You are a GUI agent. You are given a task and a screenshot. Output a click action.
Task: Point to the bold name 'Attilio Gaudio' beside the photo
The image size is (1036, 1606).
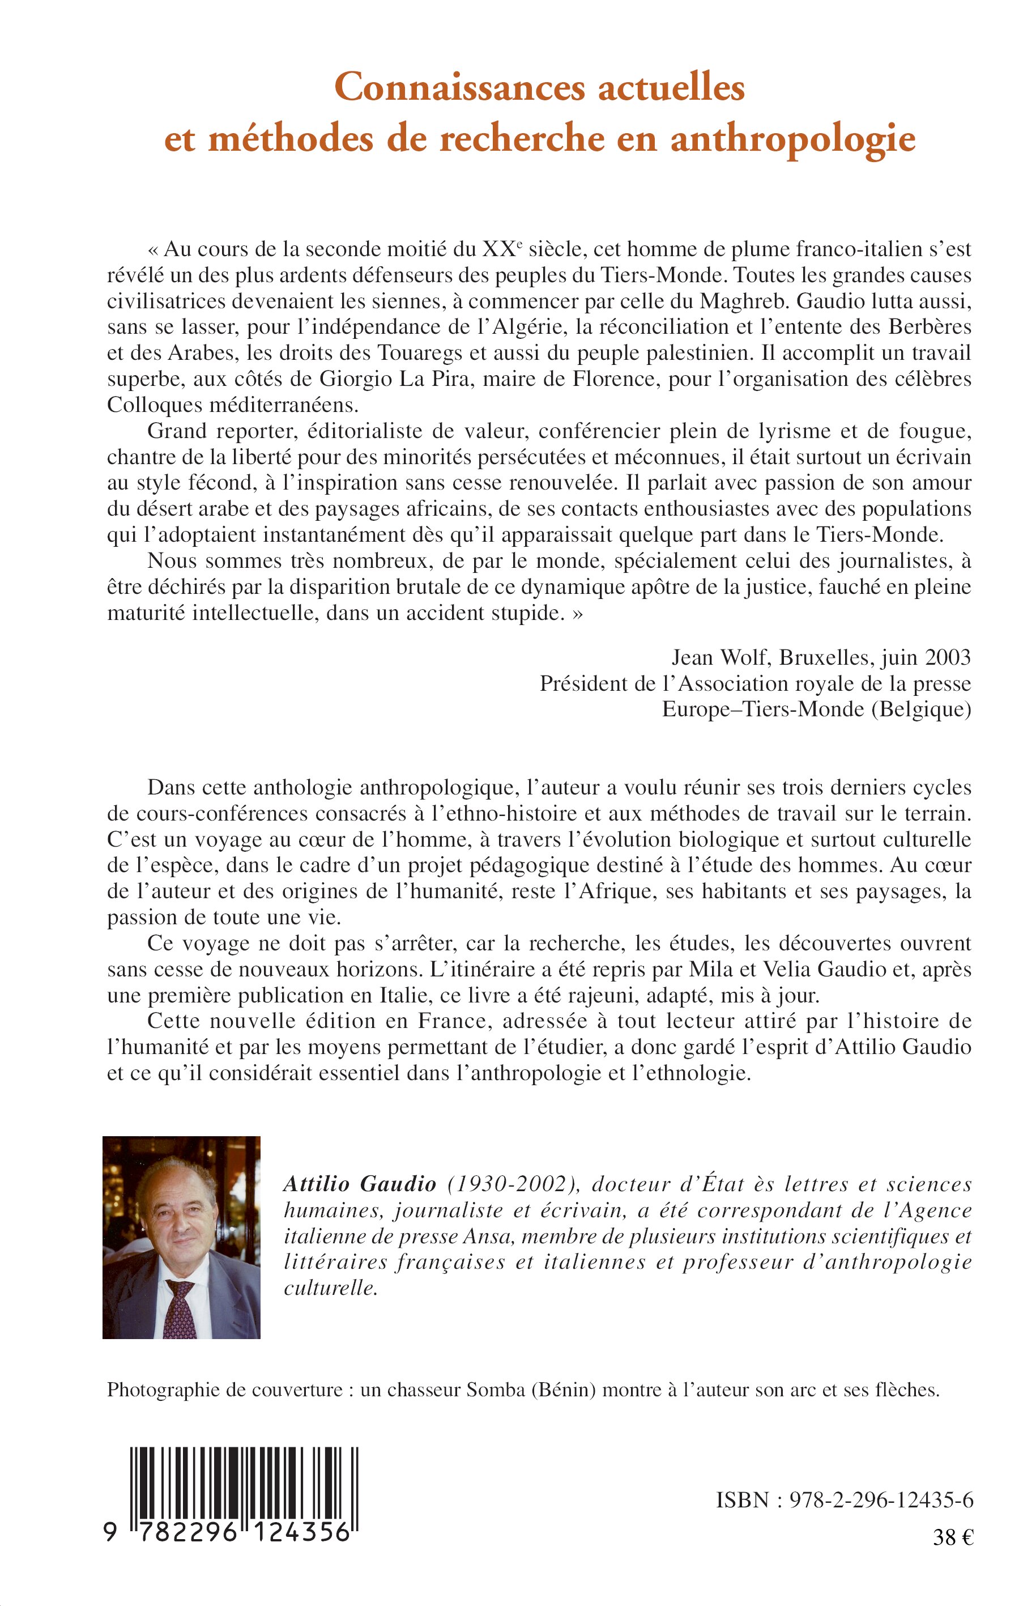(360, 1184)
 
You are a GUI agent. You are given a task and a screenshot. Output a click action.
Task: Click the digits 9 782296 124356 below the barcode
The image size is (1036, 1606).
(229, 1533)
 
